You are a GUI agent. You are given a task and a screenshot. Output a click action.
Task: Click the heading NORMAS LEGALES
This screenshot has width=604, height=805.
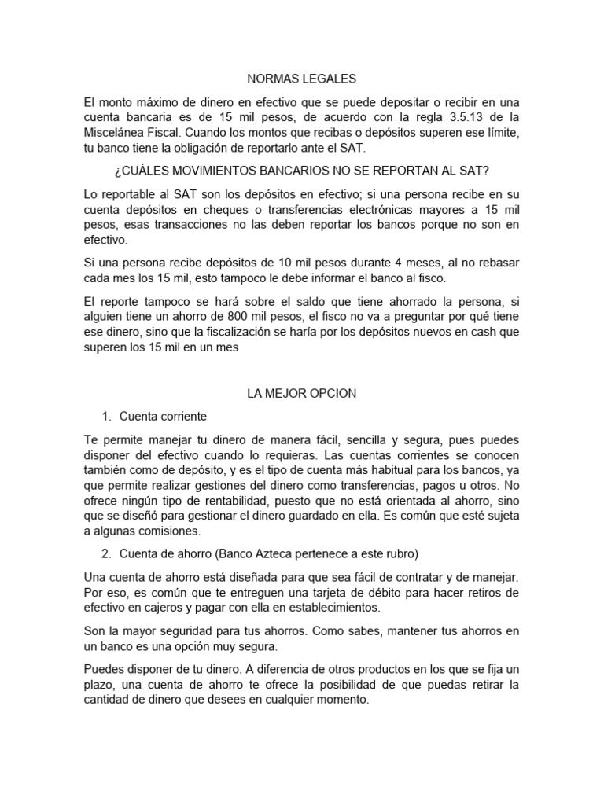coord(302,79)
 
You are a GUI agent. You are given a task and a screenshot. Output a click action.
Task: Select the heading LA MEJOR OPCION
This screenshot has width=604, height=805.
coord(302,393)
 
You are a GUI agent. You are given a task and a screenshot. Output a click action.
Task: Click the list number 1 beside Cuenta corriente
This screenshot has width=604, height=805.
coord(106,416)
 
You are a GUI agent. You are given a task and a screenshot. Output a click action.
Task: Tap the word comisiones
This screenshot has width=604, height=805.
coord(170,531)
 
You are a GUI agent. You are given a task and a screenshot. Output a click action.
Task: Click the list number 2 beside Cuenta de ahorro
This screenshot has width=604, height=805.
coord(106,554)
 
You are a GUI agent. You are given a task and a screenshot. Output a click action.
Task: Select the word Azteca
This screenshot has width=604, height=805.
coord(274,554)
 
